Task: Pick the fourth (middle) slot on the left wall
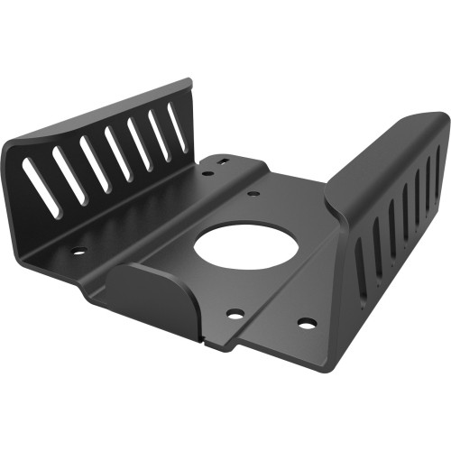118,151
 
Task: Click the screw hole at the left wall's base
78,251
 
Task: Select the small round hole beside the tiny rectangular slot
205,168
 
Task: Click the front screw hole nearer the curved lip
235,314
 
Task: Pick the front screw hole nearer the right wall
306,322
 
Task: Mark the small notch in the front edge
209,344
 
